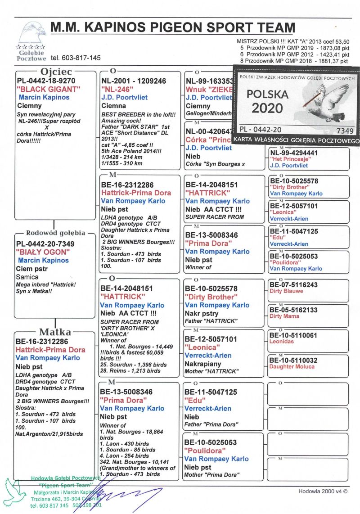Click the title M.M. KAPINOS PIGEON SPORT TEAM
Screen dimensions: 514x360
tap(173, 27)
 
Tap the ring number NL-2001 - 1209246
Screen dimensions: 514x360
tap(133, 81)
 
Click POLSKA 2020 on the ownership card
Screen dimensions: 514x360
tap(267, 101)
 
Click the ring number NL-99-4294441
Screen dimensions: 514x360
tap(294, 153)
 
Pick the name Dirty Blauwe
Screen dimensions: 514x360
tap(286, 291)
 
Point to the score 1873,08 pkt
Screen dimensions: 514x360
tap(333, 47)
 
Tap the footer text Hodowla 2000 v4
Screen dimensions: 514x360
tap(323, 491)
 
